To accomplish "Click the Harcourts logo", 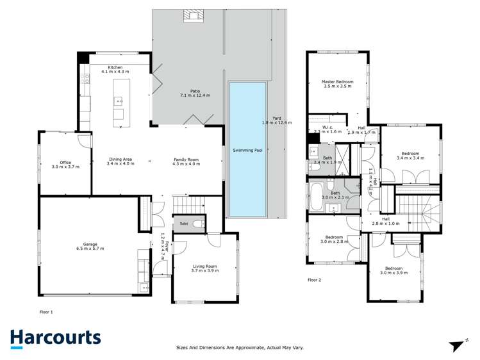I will [x=55, y=338].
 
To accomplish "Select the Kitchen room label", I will [x=115, y=67].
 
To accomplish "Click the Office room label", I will [x=64, y=162].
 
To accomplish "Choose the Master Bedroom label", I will [x=337, y=82].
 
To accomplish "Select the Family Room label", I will [x=186, y=159].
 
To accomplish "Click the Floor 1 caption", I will [x=46, y=312].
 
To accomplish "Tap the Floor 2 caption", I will [x=314, y=280].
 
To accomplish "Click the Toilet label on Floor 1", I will [x=183, y=224].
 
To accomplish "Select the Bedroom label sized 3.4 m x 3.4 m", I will [x=410, y=154].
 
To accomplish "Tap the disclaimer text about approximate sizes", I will [x=240, y=348].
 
